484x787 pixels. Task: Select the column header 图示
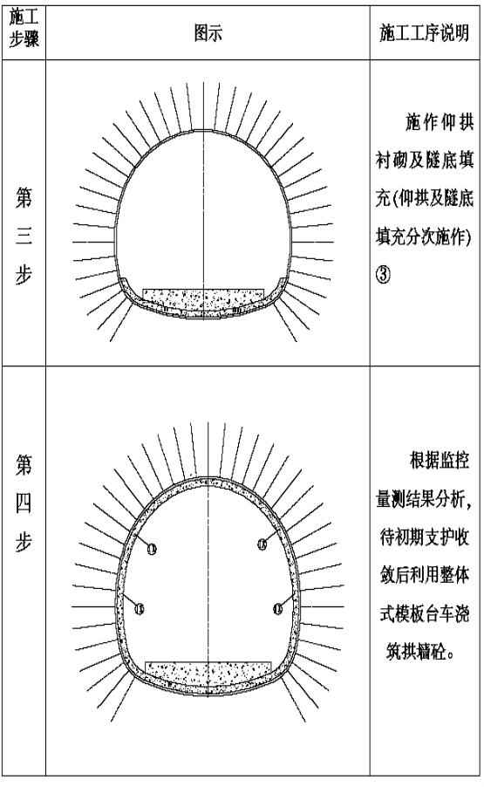(208, 33)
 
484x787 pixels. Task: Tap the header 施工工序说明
(425, 33)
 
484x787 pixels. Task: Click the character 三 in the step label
(24, 236)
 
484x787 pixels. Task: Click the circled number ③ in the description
(384, 274)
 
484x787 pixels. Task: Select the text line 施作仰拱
(440, 122)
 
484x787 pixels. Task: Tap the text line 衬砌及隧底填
(425, 161)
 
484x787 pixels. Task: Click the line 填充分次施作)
(424, 236)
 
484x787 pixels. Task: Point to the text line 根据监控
(440, 461)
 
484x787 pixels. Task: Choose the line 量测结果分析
(424, 498)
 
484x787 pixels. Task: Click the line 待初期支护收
(425, 537)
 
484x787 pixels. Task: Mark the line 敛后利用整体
(425, 575)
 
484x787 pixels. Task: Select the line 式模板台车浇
(425, 613)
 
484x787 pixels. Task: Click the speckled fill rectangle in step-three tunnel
(203, 299)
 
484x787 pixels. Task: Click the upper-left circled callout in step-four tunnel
(152, 549)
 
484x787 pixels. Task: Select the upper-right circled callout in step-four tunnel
(262, 544)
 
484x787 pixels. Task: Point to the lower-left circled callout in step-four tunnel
(140, 608)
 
